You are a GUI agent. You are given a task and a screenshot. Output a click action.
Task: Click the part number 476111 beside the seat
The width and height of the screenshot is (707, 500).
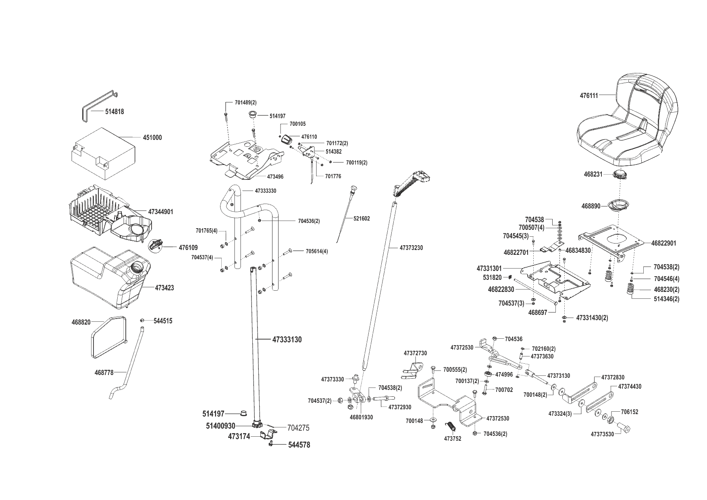[589, 96]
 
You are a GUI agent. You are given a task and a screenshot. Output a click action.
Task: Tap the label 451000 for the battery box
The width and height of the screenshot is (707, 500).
[152, 137]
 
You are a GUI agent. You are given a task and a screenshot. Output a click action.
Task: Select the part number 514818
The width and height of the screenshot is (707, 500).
[114, 112]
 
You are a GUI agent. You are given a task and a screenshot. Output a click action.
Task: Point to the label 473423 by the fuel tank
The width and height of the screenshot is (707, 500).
[164, 288]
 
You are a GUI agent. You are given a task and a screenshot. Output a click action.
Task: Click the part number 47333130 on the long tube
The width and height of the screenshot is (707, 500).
[287, 340]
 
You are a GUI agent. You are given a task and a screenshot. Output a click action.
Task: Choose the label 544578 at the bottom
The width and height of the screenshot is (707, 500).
[299, 445]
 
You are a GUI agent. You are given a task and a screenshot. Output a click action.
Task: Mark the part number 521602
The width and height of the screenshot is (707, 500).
[362, 219]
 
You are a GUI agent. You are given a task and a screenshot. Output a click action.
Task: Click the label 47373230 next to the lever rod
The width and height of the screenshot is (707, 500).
[412, 248]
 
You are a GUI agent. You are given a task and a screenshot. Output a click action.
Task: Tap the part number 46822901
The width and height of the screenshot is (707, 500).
[664, 243]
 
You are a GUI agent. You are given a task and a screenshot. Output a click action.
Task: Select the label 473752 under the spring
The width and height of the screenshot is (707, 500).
[453, 439]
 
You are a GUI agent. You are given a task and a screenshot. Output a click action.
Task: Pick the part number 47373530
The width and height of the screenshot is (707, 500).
[603, 434]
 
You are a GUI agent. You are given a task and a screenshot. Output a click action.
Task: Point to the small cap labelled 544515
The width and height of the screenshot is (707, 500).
[142, 321]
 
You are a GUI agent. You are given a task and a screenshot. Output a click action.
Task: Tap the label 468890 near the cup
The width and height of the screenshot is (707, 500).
[591, 206]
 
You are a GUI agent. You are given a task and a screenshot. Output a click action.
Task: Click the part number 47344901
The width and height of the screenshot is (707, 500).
[161, 212]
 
